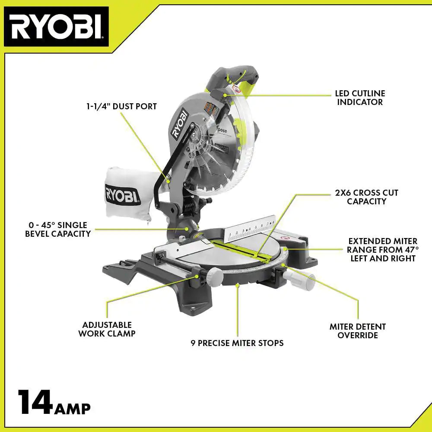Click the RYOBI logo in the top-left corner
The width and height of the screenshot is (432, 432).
tap(56, 27)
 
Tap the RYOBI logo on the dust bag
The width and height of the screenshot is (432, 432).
tap(123, 193)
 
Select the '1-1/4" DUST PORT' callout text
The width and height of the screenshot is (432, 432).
tap(121, 106)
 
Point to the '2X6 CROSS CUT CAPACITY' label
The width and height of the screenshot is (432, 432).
tap(366, 197)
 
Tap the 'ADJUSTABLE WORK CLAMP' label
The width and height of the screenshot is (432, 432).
tap(107, 329)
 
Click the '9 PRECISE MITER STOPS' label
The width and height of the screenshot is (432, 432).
tap(237, 343)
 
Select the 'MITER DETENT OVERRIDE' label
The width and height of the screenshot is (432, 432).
tap(357, 331)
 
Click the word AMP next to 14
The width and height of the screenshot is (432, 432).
tap(72, 408)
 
